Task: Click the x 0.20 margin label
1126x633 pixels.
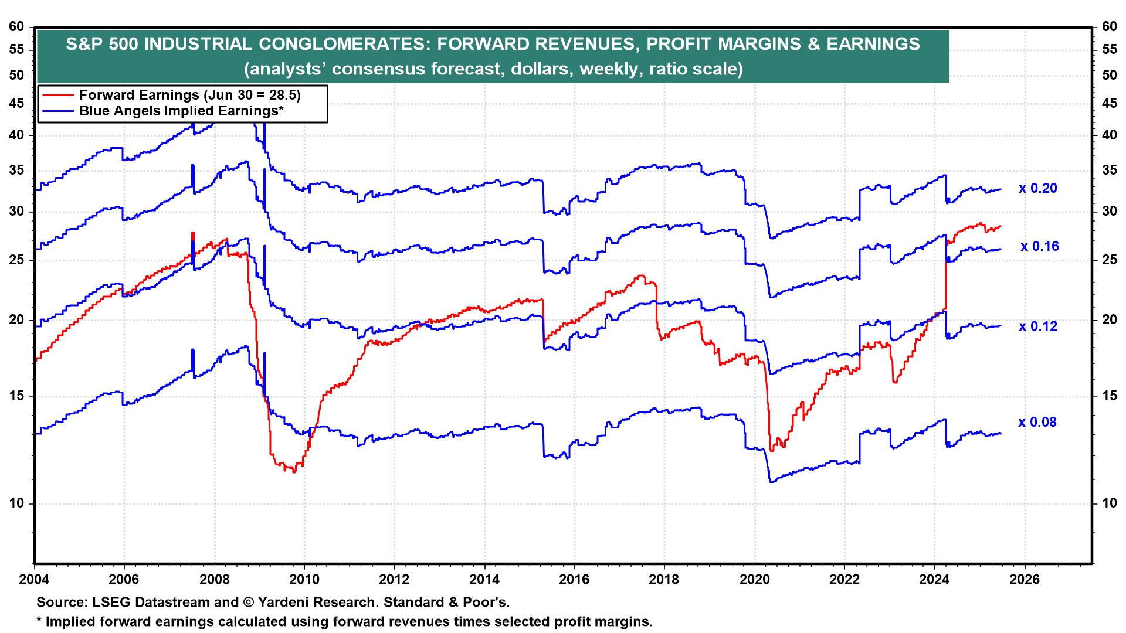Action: click(1037, 189)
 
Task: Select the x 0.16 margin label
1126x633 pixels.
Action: click(1040, 246)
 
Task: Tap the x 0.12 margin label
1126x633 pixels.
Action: click(1037, 326)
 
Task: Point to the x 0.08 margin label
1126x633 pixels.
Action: click(1037, 422)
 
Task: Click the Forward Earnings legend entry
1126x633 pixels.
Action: click(194, 95)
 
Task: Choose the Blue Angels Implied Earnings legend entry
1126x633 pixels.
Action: click(182, 111)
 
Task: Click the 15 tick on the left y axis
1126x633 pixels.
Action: click(17, 396)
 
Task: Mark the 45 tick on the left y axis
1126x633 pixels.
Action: click(17, 104)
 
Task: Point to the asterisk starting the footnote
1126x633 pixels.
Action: click(39, 620)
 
